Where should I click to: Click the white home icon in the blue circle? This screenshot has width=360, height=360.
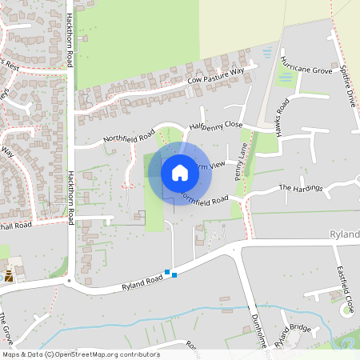[180, 172]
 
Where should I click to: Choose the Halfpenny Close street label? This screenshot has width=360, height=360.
[216, 126]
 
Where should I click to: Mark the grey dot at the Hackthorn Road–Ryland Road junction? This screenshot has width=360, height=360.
[69, 282]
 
